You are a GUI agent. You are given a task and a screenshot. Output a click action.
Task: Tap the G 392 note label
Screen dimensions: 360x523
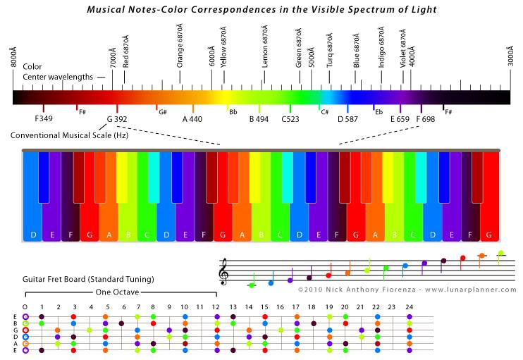pos(117,119)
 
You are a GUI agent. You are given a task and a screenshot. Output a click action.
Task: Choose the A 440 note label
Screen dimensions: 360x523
pos(192,119)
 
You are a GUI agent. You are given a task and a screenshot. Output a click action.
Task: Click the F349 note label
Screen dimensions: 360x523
pos(44,119)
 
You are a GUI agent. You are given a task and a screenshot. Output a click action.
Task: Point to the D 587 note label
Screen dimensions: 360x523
pos(347,119)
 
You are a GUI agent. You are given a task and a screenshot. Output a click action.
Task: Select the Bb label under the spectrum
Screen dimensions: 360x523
pos(233,112)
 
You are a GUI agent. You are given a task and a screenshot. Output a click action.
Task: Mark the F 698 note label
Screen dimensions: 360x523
pos(426,119)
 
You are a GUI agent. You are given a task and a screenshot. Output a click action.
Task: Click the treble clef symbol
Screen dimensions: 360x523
pos(224,271)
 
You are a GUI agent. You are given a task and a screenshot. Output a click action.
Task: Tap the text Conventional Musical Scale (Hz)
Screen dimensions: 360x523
pos(70,135)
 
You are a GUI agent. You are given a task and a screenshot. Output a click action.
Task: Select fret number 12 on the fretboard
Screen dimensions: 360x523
pos(216,306)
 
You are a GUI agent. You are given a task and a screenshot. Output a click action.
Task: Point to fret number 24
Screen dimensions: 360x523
pos(409,306)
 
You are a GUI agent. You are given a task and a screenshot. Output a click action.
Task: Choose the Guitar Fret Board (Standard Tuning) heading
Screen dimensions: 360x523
pos(88,280)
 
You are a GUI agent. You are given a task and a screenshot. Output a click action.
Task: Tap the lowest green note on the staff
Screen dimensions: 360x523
pos(251,285)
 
